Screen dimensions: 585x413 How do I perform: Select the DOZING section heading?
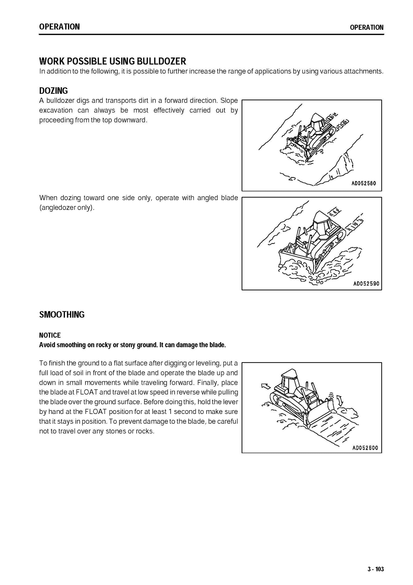[x=53, y=91]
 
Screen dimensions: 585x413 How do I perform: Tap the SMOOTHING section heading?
[x=62, y=315]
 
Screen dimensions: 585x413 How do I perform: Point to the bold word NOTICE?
[x=50, y=335]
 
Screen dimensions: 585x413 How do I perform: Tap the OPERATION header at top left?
[x=59, y=27]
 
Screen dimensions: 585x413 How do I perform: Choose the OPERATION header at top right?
[x=366, y=27]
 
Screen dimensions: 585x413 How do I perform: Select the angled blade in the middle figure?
[x=296, y=259]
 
